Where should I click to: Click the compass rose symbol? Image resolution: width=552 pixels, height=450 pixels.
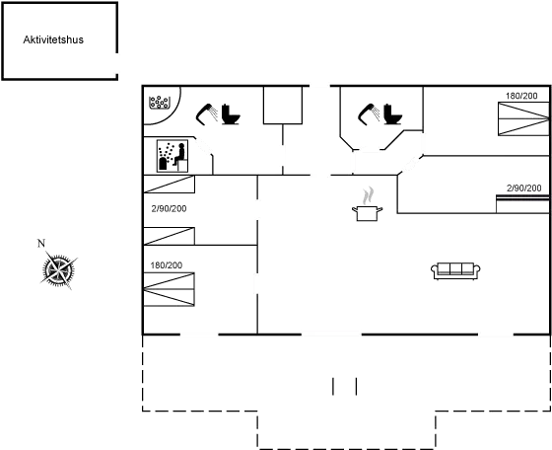[x=59, y=268]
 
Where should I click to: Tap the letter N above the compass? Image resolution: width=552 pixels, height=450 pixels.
[x=40, y=243]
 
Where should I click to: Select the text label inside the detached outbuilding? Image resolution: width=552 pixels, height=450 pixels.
[x=51, y=40]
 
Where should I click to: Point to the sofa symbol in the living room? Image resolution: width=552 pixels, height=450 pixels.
[x=455, y=268]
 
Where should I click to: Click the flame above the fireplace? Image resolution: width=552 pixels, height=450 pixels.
[x=367, y=196]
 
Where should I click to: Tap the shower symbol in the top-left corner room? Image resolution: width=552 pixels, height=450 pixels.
[x=158, y=103]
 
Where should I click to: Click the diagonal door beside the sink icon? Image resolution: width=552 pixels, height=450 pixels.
[x=204, y=147]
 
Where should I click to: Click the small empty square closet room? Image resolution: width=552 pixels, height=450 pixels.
[x=281, y=106]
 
